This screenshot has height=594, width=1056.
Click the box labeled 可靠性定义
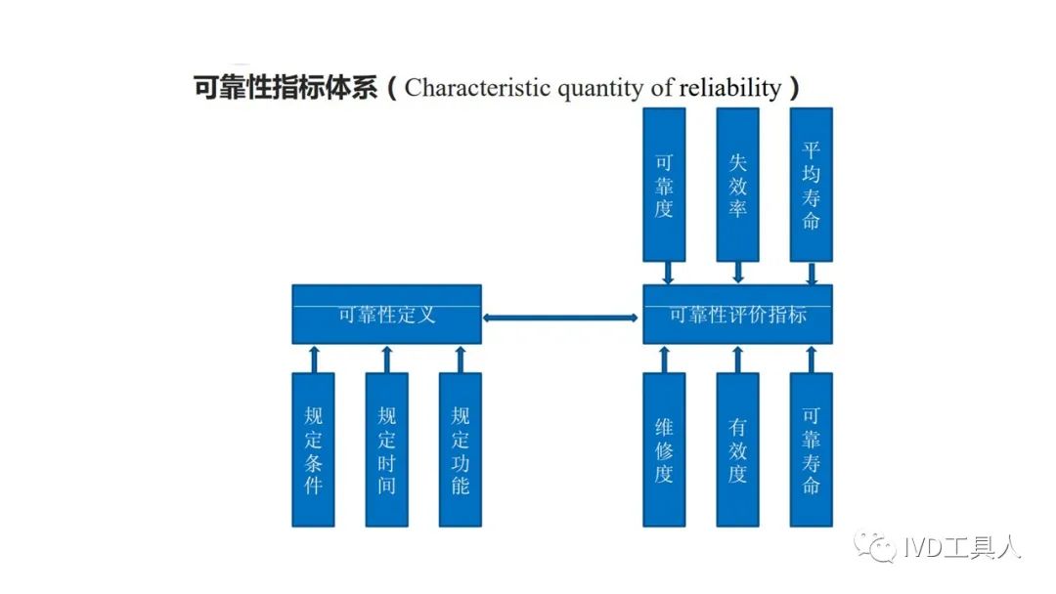point(386,315)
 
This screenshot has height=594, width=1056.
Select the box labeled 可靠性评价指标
point(737,315)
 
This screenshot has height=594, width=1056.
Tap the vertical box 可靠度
point(664,185)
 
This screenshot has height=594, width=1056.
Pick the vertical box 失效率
point(737,185)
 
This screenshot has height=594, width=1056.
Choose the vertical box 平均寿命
point(811,185)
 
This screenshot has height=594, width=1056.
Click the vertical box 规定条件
point(313,449)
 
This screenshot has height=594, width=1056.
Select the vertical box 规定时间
point(386,449)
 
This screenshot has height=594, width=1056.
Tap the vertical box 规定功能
point(460,449)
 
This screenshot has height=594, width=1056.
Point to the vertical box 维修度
point(664,449)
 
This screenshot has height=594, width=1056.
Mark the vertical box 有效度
point(737,449)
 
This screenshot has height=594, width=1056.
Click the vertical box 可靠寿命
point(811,449)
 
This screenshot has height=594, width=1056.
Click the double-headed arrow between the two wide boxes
point(560,318)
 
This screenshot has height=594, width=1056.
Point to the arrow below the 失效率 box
point(738,273)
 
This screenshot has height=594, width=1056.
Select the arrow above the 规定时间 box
point(386,360)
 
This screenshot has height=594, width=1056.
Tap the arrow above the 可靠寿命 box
point(811,360)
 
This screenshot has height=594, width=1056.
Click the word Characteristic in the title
point(477,88)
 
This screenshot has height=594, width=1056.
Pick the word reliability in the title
point(730,88)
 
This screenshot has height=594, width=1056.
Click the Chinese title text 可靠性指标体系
point(285,88)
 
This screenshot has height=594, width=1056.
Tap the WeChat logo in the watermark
point(875,545)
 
